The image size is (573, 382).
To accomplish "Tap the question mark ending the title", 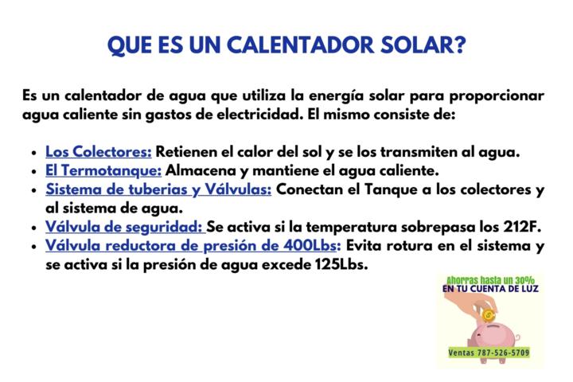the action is [459, 45].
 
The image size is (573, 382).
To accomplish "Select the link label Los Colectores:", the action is [99, 152].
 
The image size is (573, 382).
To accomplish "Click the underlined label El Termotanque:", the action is [103, 171].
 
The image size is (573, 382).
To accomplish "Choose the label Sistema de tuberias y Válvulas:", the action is [158, 189].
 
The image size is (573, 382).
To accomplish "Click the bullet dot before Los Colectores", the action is [34, 153].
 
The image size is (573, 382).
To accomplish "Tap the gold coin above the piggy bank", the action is [488, 314].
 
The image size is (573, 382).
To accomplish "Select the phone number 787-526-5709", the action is [503, 353].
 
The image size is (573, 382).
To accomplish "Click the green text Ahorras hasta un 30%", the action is [491, 280].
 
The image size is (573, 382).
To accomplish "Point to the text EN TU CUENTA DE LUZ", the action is [491, 289].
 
